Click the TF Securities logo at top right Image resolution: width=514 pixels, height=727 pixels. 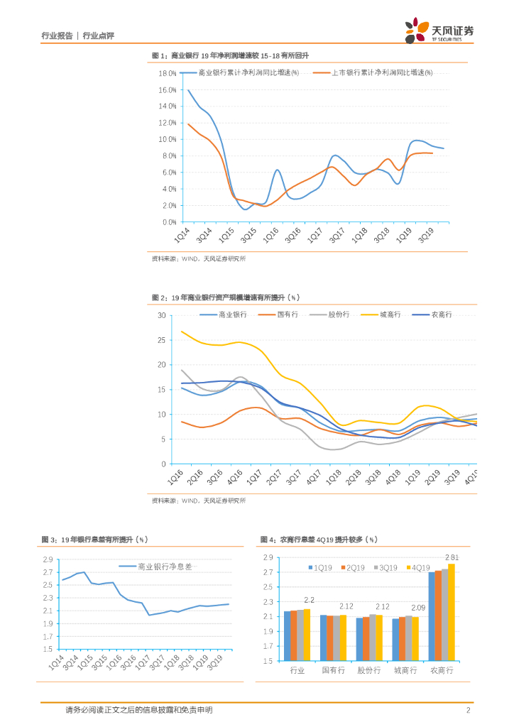439,31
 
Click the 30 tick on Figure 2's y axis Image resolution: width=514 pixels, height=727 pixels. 162,315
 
